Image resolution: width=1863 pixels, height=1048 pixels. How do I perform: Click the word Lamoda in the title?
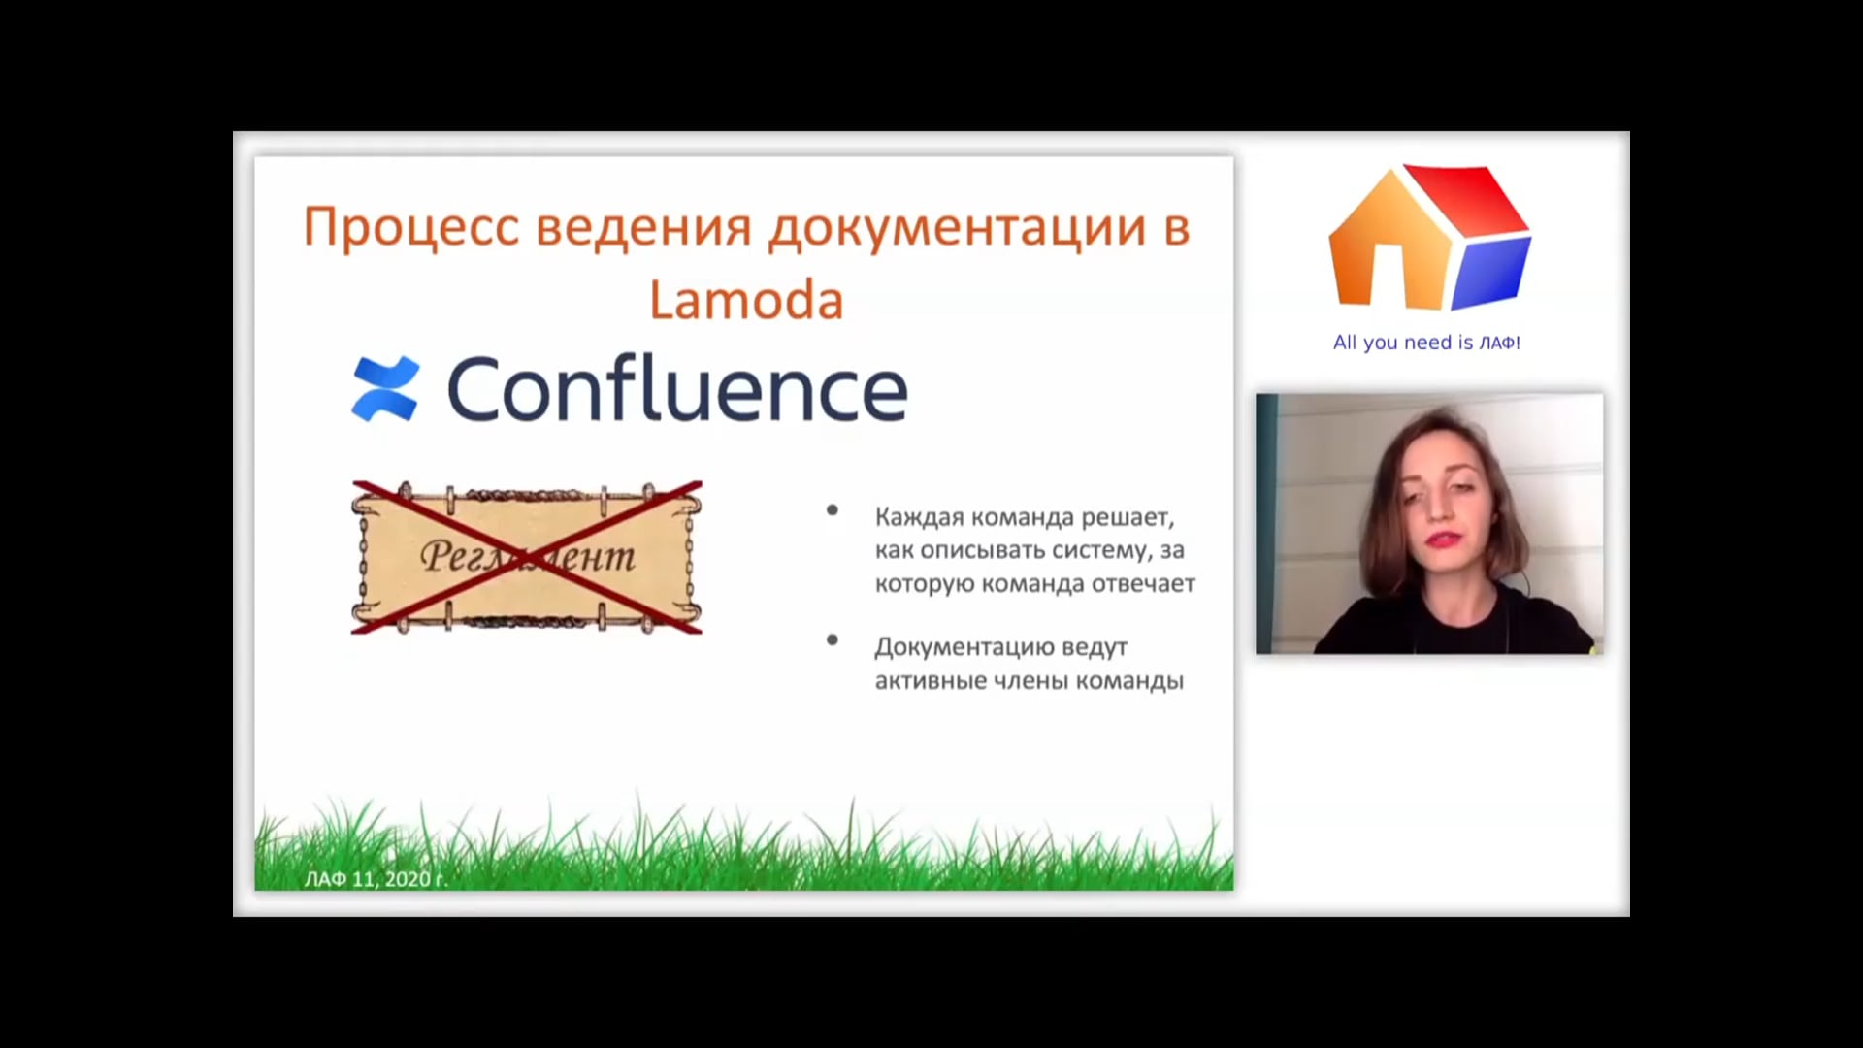click(x=746, y=299)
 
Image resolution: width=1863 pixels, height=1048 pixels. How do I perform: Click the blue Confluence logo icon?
click(x=385, y=389)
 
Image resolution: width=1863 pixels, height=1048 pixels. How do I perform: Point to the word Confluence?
click(x=677, y=389)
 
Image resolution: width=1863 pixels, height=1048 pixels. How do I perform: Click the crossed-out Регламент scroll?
click(x=527, y=557)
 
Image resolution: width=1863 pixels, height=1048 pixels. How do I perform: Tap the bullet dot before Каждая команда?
click(x=832, y=509)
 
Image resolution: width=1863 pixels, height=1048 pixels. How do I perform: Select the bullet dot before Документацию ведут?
click(x=832, y=639)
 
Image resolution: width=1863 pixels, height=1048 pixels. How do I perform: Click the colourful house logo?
click(x=1429, y=238)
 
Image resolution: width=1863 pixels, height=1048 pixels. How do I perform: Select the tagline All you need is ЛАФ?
click(x=1426, y=343)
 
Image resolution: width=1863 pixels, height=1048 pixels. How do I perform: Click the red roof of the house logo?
click(x=1465, y=198)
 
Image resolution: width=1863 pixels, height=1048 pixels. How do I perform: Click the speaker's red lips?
click(x=1443, y=540)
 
